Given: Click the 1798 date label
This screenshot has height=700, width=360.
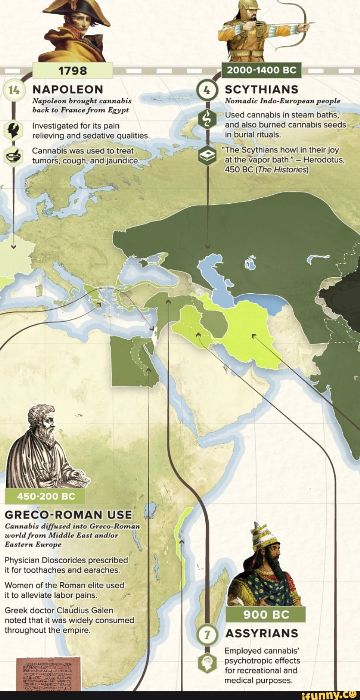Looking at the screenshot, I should pos(72,71).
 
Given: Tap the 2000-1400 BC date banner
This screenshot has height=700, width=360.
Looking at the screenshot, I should pos(261,70).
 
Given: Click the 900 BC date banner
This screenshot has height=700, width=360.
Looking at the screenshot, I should pos(266,614).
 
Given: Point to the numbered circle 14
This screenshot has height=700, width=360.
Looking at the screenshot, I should pos(14,90).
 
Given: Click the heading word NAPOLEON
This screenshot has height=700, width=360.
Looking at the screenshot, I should pos(68,90).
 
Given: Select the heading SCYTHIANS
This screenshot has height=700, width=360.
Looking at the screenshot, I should pos(261,90).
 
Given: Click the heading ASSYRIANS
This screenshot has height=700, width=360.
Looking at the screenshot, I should pos(261,633).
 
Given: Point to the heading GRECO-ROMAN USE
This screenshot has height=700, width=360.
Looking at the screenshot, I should pos(68,515).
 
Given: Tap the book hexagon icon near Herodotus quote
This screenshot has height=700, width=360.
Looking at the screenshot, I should pos(207,156).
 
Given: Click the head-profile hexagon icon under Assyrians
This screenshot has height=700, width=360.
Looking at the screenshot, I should pos(207,663).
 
